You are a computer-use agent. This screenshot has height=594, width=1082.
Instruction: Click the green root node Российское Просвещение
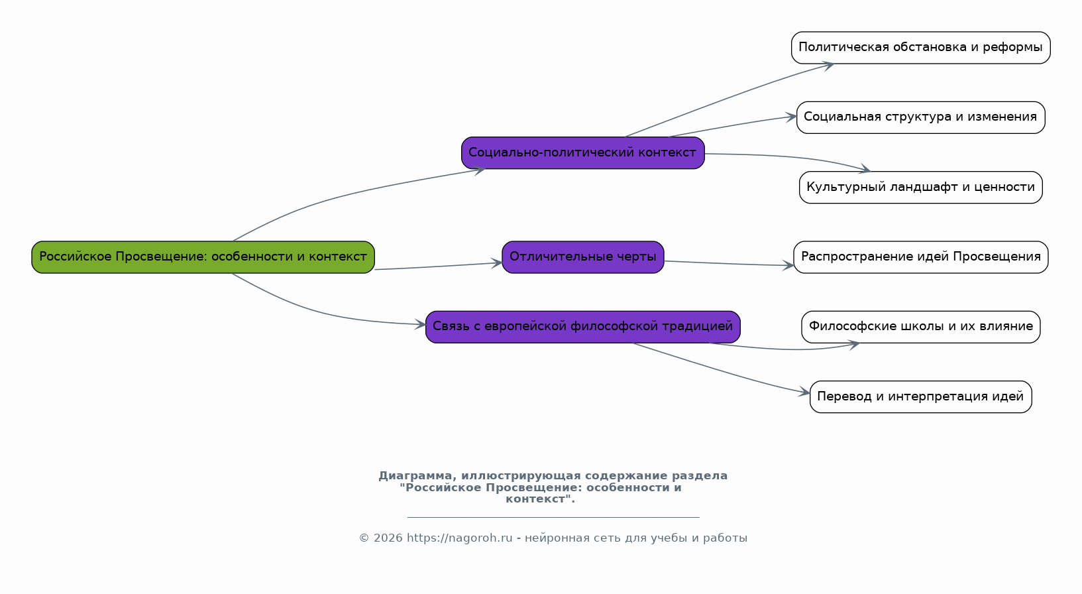pyautogui.click(x=203, y=257)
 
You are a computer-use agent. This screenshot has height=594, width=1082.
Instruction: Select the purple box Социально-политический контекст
pyautogui.click(x=582, y=152)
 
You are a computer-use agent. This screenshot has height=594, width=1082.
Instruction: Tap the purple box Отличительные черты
pyautogui.click(x=582, y=257)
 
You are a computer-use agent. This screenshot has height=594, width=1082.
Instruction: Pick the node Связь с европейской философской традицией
pyautogui.click(x=582, y=327)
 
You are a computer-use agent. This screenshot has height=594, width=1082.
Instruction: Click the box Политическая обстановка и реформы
pyautogui.click(x=920, y=48)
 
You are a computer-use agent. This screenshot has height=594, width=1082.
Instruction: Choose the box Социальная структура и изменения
pyautogui.click(x=920, y=117)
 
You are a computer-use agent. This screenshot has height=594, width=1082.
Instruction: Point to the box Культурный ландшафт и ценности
pyautogui.click(x=920, y=188)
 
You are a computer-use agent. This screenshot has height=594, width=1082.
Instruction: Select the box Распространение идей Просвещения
pyautogui.click(x=920, y=257)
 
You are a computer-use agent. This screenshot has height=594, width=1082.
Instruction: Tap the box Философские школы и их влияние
pyautogui.click(x=920, y=327)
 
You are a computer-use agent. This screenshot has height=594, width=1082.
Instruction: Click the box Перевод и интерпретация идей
pyautogui.click(x=920, y=397)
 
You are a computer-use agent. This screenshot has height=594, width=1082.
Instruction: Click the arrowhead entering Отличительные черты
pyautogui.click(x=496, y=263)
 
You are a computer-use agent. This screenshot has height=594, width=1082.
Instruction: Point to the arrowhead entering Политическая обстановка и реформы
pyautogui.click(x=828, y=66)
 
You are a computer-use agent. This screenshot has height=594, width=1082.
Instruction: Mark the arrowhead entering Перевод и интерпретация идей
pyautogui.click(x=804, y=392)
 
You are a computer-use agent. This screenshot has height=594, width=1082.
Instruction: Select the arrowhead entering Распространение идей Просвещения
pyautogui.click(x=788, y=265)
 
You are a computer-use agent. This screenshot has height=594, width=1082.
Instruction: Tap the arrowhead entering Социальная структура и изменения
pyautogui.click(x=791, y=117)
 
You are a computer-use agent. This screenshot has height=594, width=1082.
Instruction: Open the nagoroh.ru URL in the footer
pyautogui.click(x=459, y=538)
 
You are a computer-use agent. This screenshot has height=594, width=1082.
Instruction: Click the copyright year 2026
pyautogui.click(x=388, y=538)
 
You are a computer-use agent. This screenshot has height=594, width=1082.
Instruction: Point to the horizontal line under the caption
pyautogui.click(x=553, y=517)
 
